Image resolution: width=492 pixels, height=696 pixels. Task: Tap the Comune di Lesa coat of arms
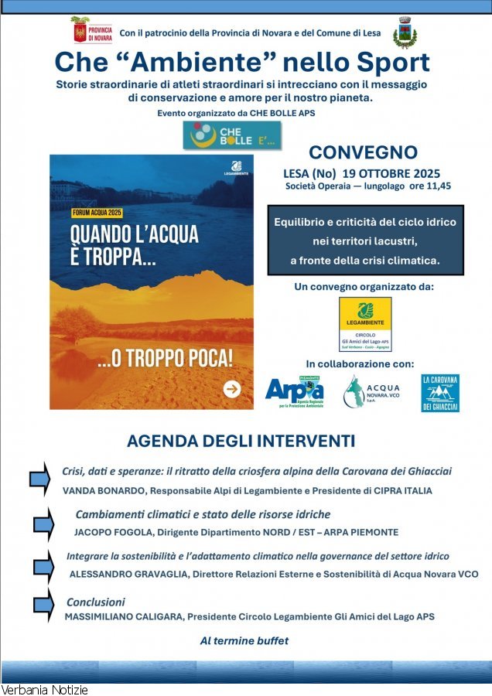click(x=404, y=32)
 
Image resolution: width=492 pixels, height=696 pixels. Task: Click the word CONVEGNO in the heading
click(x=363, y=152)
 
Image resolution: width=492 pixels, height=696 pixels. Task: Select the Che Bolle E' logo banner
click(x=221, y=135)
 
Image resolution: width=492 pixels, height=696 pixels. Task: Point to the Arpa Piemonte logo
click(x=295, y=391)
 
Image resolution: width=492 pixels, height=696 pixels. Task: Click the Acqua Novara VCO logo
click(x=372, y=391)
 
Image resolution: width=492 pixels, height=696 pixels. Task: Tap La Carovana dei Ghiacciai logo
click(x=440, y=393)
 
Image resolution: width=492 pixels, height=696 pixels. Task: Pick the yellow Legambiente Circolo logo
click(x=365, y=324)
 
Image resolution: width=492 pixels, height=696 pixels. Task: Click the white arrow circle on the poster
click(x=231, y=389)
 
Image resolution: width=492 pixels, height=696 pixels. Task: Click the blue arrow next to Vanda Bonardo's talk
click(x=39, y=479)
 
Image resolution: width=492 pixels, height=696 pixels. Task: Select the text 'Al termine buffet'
click(x=244, y=640)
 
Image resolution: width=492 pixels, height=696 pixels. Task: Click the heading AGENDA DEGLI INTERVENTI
click(x=241, y=441)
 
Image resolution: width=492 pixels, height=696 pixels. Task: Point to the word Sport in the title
click(x=388, y=63)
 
